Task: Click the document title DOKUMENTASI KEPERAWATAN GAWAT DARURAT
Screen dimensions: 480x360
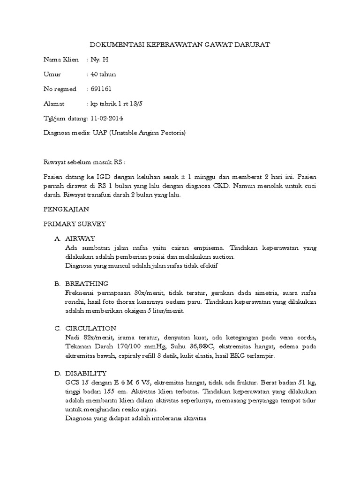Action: [x=180, y=45]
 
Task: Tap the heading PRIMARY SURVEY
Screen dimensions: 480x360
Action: [x=75, y=224]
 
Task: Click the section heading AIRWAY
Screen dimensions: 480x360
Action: [x=80, y=239]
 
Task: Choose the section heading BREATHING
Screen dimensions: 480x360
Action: [x=87, y=284]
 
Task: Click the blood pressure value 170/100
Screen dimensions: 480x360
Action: [x=126, y=347]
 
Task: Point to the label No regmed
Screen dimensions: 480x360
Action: [x=60, y=89]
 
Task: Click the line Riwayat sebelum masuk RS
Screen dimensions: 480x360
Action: [x=85, y=162]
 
